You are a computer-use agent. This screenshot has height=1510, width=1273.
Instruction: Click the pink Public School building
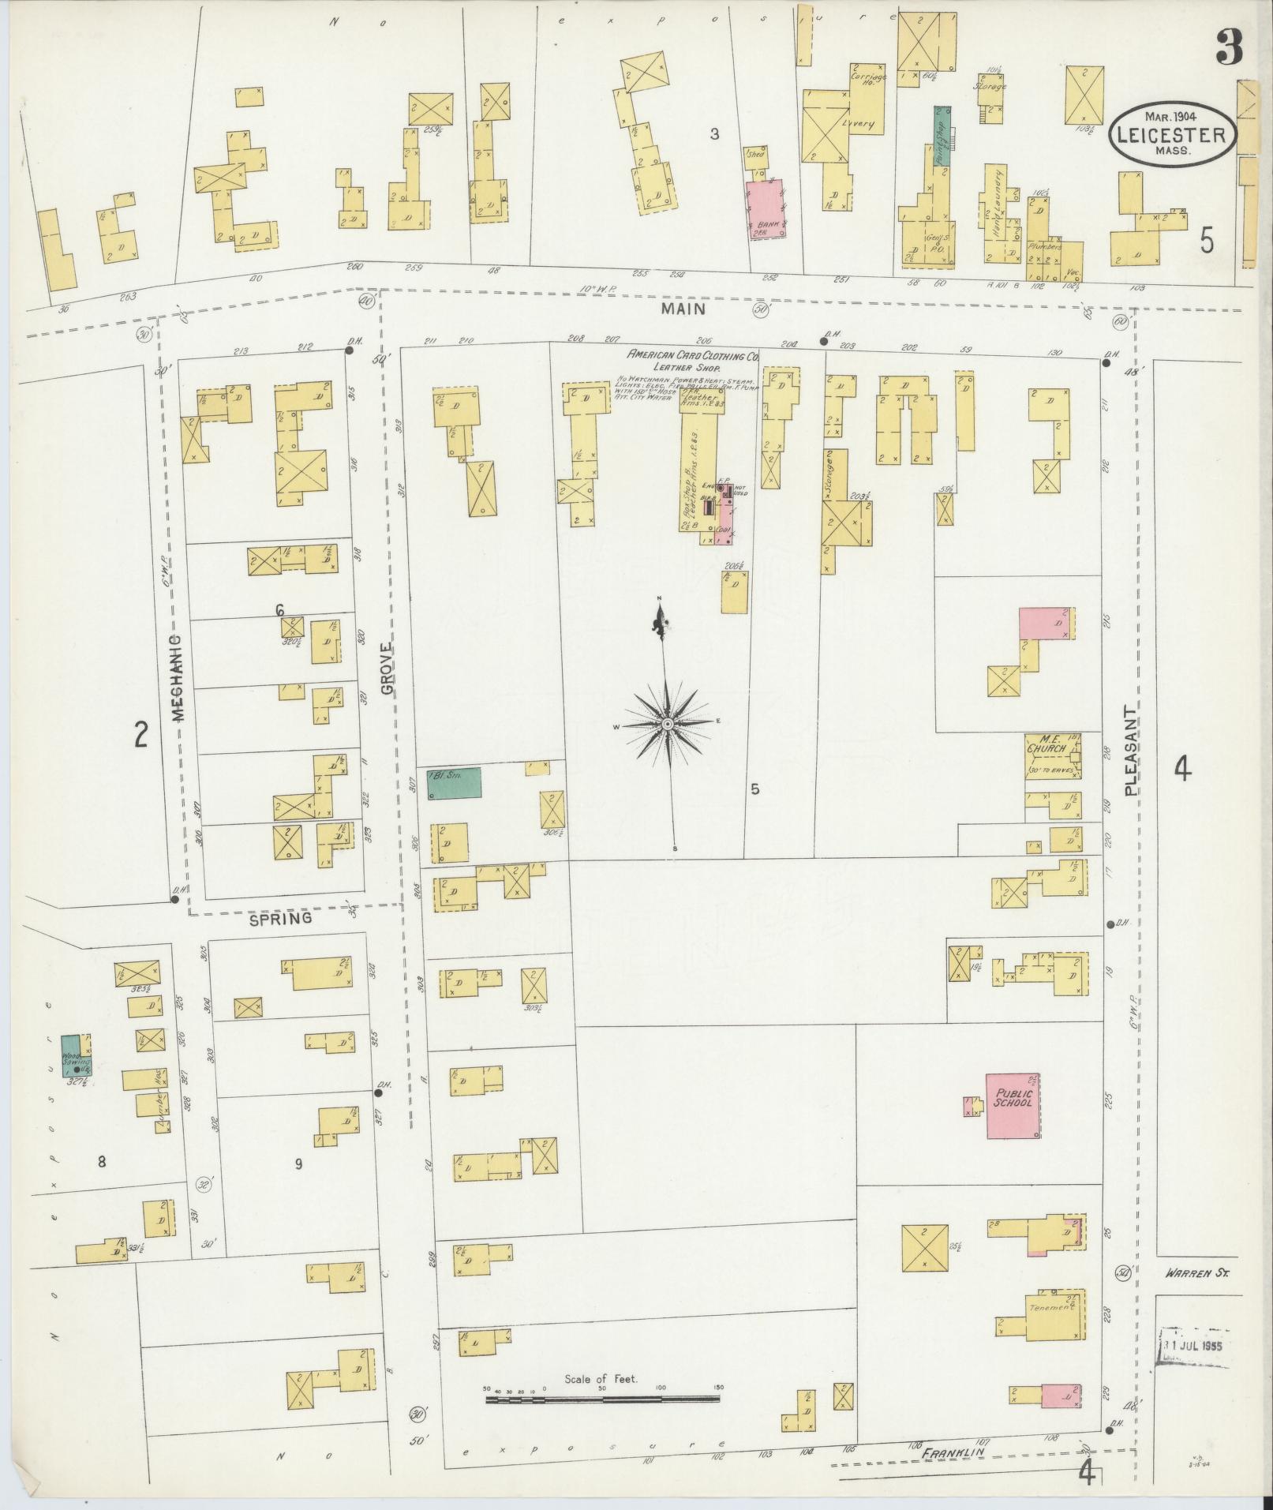point(1013,1105)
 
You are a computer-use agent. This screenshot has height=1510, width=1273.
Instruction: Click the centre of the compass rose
point(668,724)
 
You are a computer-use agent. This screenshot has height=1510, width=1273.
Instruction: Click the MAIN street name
point(683,310)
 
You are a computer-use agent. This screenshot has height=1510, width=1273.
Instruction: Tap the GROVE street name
point(387,668)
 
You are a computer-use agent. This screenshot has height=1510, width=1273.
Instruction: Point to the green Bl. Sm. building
point(455,783)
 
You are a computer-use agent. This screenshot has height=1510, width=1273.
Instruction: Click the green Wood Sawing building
point(77,1055)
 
